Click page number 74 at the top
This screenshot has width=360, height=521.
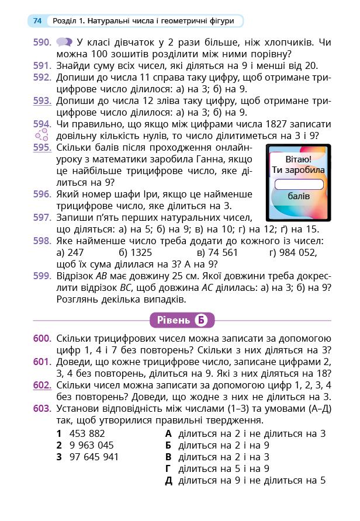[37, 21]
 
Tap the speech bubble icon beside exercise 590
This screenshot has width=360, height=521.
[64, 43]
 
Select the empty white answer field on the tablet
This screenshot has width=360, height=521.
[299, 184]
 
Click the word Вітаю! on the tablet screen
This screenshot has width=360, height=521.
[299, 159]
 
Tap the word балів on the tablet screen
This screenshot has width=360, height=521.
[299, 196]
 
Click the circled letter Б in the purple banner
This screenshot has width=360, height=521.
[201, 320]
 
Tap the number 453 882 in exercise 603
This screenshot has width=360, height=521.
[86, 433]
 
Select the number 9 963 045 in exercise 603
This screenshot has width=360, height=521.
[91, 445]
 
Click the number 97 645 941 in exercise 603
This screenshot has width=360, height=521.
[94, 457]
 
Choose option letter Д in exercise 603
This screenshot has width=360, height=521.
[169, 481]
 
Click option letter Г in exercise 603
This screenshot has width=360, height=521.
[168, 468]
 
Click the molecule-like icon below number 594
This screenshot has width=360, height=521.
[41, 136]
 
